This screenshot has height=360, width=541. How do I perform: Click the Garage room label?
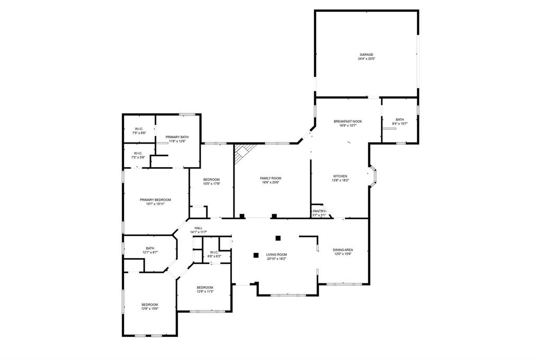point(367,54)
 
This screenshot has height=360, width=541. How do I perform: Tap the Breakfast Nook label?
point(348,121)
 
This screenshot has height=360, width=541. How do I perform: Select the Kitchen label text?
point(340,176)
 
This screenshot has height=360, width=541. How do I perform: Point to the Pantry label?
point(319,211)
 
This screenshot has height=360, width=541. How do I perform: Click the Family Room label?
point(270,178)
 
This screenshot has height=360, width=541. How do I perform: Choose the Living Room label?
point(276,255)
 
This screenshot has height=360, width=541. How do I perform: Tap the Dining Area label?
point(343,250)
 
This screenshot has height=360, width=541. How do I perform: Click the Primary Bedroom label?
point(155,200)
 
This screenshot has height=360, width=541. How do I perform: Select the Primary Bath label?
point(177,137)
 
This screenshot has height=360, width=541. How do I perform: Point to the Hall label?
point(198,228)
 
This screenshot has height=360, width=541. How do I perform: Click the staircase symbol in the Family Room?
point(244,153)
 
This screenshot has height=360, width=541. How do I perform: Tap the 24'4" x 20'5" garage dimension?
point(367,59)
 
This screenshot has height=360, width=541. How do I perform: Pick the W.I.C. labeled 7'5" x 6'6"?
point(139,131)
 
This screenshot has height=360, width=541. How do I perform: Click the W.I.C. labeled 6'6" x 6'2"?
point(214,254)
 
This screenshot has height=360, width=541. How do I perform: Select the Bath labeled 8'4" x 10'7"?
point(400,121)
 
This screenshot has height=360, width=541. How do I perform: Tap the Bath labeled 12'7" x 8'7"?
point(150,250)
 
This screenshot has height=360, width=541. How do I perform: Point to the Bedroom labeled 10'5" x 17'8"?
point(211,181)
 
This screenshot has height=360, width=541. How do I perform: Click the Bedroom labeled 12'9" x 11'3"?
point(205,289)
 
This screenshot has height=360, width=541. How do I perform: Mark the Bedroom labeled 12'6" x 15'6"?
point(150,306)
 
